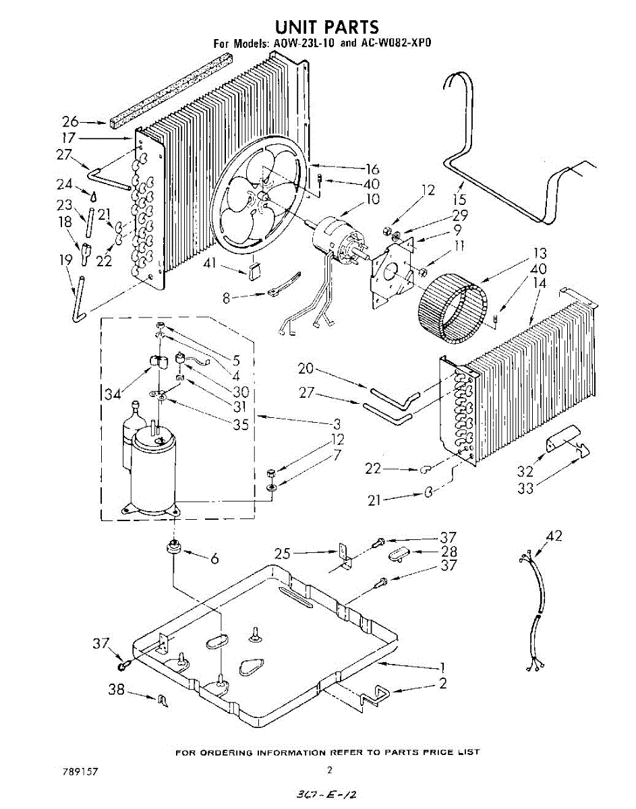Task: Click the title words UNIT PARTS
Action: point(327,26)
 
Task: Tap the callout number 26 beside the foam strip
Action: point(71,122)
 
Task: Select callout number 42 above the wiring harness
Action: point(554,537)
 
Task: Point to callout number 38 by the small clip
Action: point(117,690)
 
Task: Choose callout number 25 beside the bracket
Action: point(284,553)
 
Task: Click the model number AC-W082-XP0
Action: point(394,43)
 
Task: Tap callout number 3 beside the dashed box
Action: point(335,423)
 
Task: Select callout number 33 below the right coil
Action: point(526,487)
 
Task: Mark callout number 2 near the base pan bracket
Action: point(442,683)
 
